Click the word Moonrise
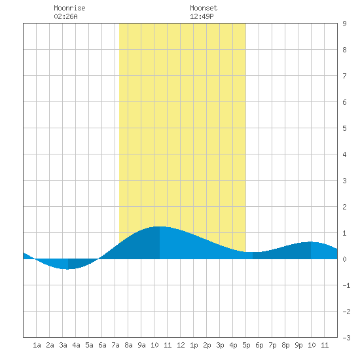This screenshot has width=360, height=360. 69,8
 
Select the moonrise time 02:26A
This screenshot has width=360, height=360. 65,16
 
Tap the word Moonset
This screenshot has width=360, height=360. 204,8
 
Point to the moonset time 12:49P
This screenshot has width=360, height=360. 202,16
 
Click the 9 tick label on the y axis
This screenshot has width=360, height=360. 344,24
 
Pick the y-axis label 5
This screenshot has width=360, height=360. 344,128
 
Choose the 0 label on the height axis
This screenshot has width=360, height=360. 344,259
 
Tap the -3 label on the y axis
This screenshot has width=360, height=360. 346,338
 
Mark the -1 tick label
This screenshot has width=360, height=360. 346,285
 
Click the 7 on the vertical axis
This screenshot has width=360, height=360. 344,76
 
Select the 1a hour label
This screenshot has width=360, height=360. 37,345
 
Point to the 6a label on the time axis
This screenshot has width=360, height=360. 102,345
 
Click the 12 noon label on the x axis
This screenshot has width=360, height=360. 181,345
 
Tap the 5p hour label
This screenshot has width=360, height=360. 246,345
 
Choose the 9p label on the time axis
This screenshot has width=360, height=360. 298,345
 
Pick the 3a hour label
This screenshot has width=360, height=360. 63,345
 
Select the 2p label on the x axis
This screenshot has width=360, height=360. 207,345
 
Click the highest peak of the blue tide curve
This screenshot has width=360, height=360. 160,226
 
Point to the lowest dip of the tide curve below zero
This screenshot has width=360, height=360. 67,269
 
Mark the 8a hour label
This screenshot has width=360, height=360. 128,345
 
